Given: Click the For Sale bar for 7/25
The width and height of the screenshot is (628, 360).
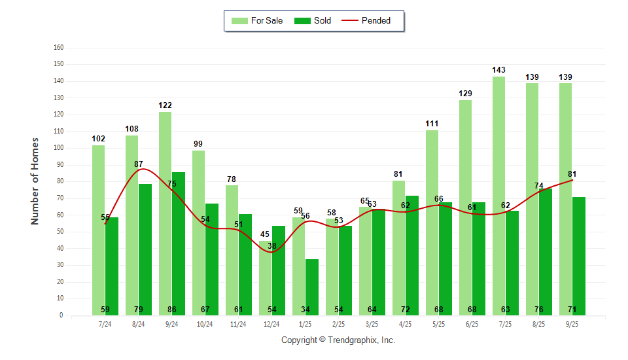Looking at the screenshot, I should (498, 196).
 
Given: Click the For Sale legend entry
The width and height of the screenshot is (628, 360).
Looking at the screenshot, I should (258, 20).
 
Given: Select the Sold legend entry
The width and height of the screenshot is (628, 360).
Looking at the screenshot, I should (313, 20).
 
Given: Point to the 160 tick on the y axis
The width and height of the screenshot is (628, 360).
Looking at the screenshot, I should (59, 48).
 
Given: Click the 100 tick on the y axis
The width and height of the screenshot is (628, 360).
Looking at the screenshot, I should (59, 148).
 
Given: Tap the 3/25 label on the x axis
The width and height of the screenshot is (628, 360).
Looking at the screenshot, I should (372, 324).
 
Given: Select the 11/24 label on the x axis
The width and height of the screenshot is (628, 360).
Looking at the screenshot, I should (238, 324).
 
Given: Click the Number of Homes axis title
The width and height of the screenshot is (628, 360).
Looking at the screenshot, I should (35, 181).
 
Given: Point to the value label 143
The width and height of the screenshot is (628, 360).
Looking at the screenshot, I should (498, 70).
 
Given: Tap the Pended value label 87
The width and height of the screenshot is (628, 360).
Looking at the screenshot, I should (139, 164).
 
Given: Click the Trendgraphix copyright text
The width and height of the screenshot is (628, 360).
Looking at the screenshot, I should (338, 340).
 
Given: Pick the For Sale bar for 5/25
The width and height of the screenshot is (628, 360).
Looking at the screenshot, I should (432, 223).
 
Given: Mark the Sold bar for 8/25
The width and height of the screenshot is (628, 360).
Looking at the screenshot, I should (545, 249).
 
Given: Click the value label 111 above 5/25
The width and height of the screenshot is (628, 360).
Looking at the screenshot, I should (432, 124).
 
